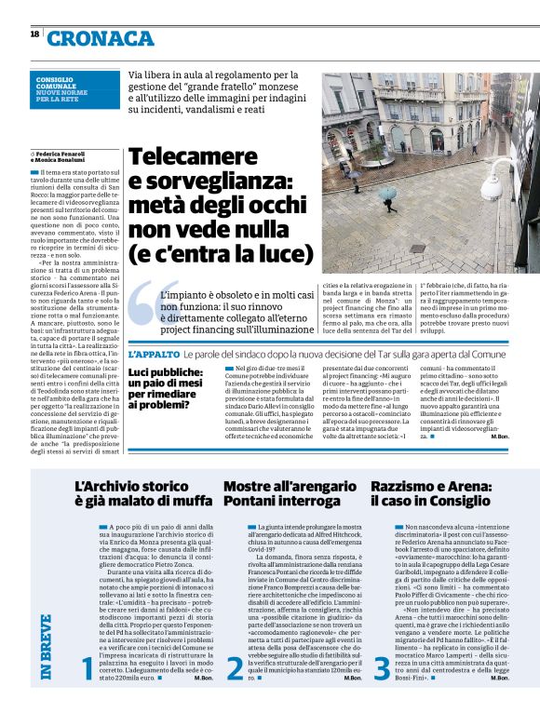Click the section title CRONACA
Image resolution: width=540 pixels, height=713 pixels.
click(x=100, y=38)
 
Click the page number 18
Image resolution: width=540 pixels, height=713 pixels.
click(x=34, y=34)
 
